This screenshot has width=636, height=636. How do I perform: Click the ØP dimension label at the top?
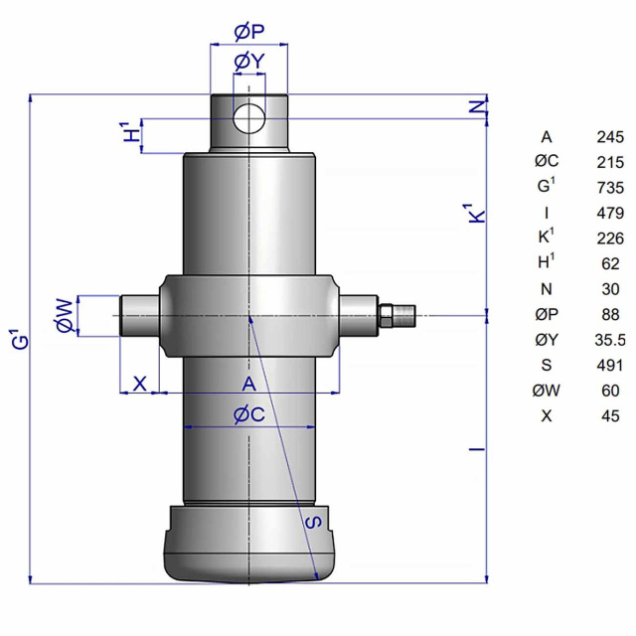point(249,32)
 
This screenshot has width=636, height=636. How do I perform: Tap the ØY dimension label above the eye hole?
point(249,62)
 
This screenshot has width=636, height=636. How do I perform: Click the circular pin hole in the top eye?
point(249,118)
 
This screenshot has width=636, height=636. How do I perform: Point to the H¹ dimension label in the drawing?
point(131,131)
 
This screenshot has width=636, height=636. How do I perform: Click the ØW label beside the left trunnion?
point(65,316)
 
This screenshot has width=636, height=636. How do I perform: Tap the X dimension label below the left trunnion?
point(139,383)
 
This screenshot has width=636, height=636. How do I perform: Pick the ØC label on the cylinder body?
point(249,414)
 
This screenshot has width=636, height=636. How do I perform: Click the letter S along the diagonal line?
point(314,522)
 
